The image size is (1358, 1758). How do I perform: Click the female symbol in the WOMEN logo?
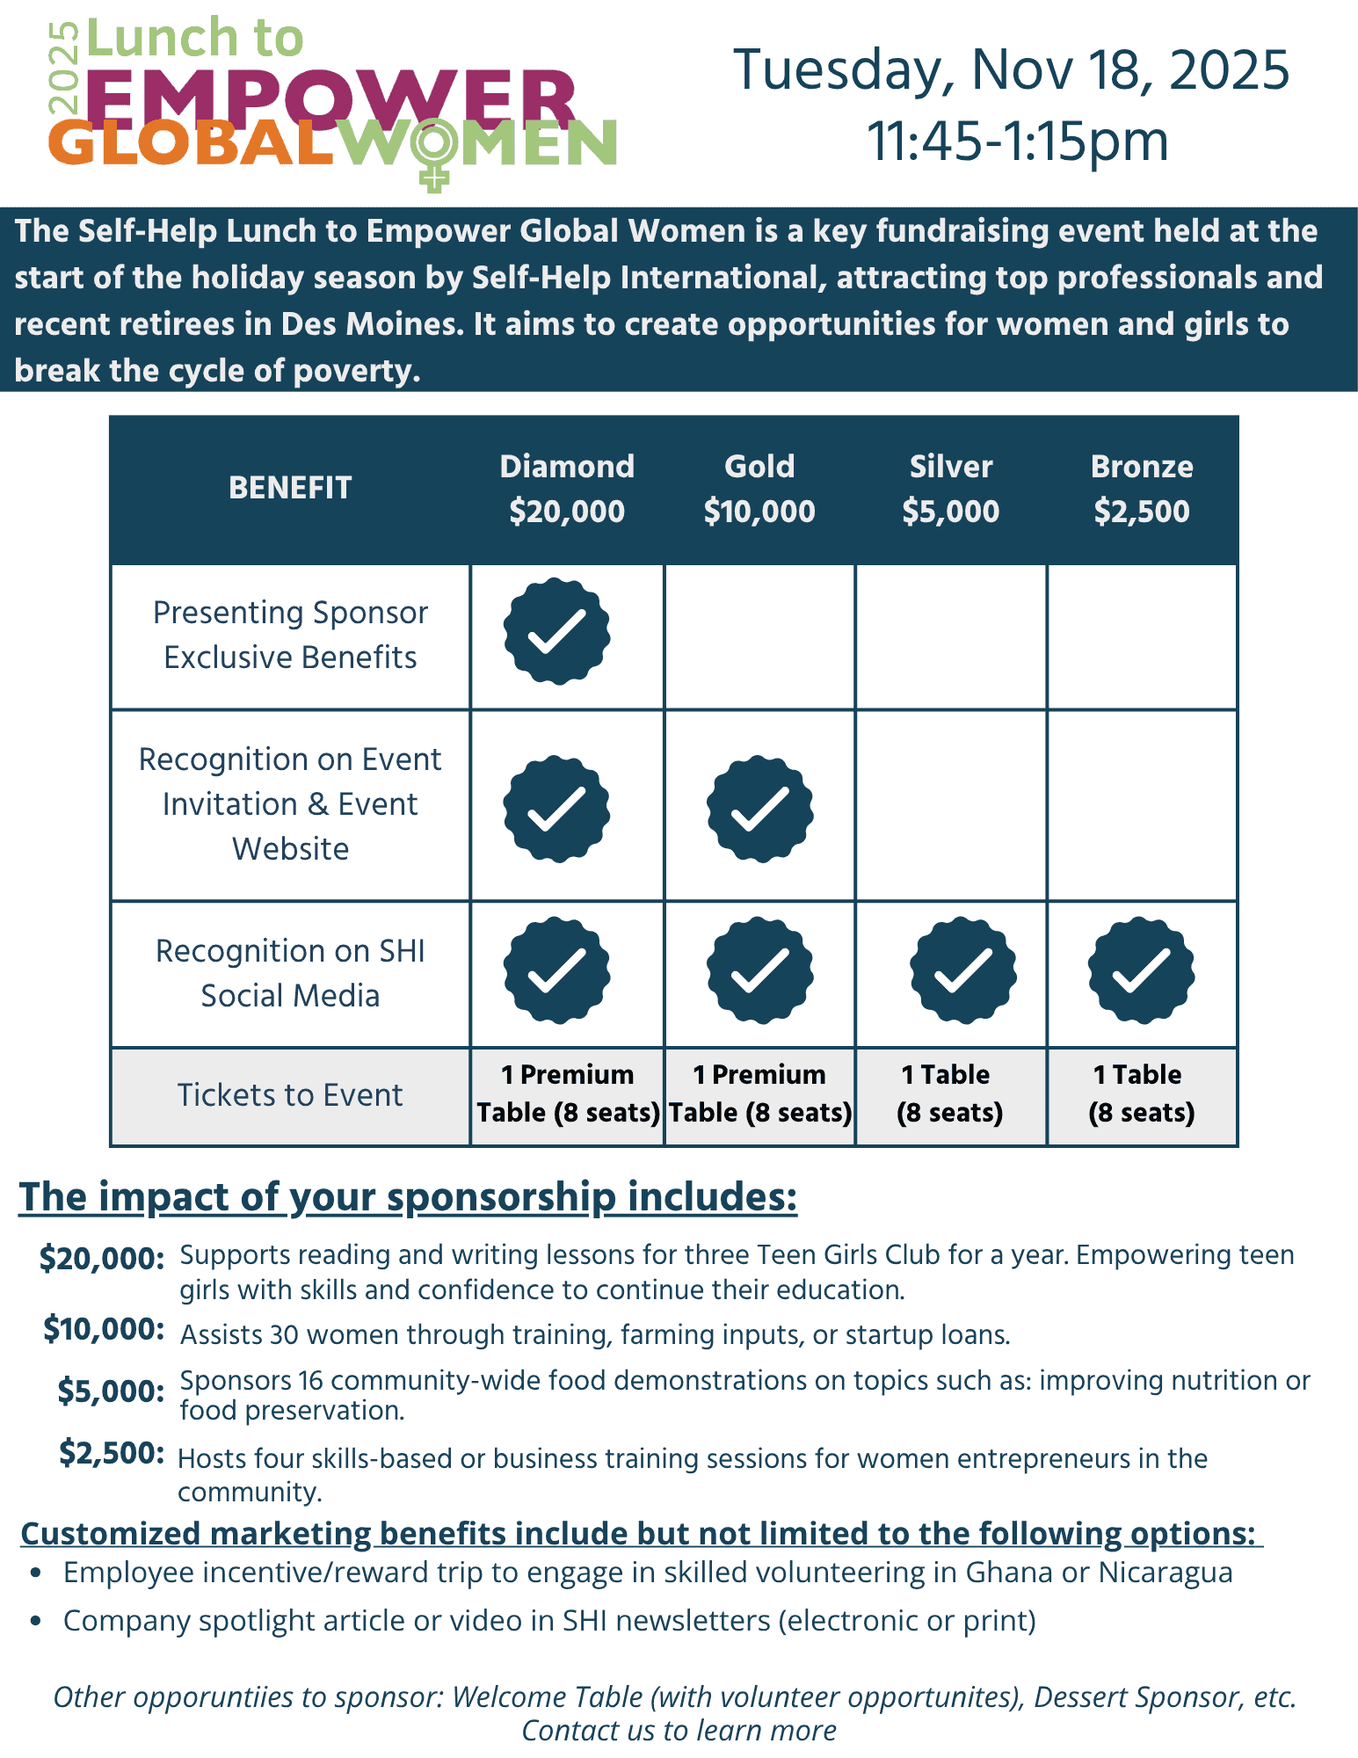(434, 153)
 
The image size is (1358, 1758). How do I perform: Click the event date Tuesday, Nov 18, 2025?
(1011, 69)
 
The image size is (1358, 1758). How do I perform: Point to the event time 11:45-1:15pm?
(1017, 141)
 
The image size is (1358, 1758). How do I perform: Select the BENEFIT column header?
(290, 488)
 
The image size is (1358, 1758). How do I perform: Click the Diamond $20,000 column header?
(567, 489)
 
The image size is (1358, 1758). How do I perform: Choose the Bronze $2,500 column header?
(1142, 489)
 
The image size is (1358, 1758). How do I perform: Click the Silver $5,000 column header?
(950, 489)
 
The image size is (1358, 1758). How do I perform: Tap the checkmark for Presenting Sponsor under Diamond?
(556, 631)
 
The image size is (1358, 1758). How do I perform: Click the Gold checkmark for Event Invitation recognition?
(759, 809)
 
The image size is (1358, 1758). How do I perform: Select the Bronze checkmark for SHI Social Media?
(1141, 970)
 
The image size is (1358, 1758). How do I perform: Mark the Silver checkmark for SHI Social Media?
(963, 970)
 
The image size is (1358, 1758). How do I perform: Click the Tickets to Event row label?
(290, 1095)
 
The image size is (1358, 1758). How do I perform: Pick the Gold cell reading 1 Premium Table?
(759, 1093)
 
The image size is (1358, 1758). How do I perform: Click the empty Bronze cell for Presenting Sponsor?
(1142, 637)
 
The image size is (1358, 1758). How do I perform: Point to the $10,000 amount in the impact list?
(104, 1329)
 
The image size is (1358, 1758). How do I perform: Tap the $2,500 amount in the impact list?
(112, 1453)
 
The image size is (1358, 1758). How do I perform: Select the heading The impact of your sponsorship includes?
(408, 1197)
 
